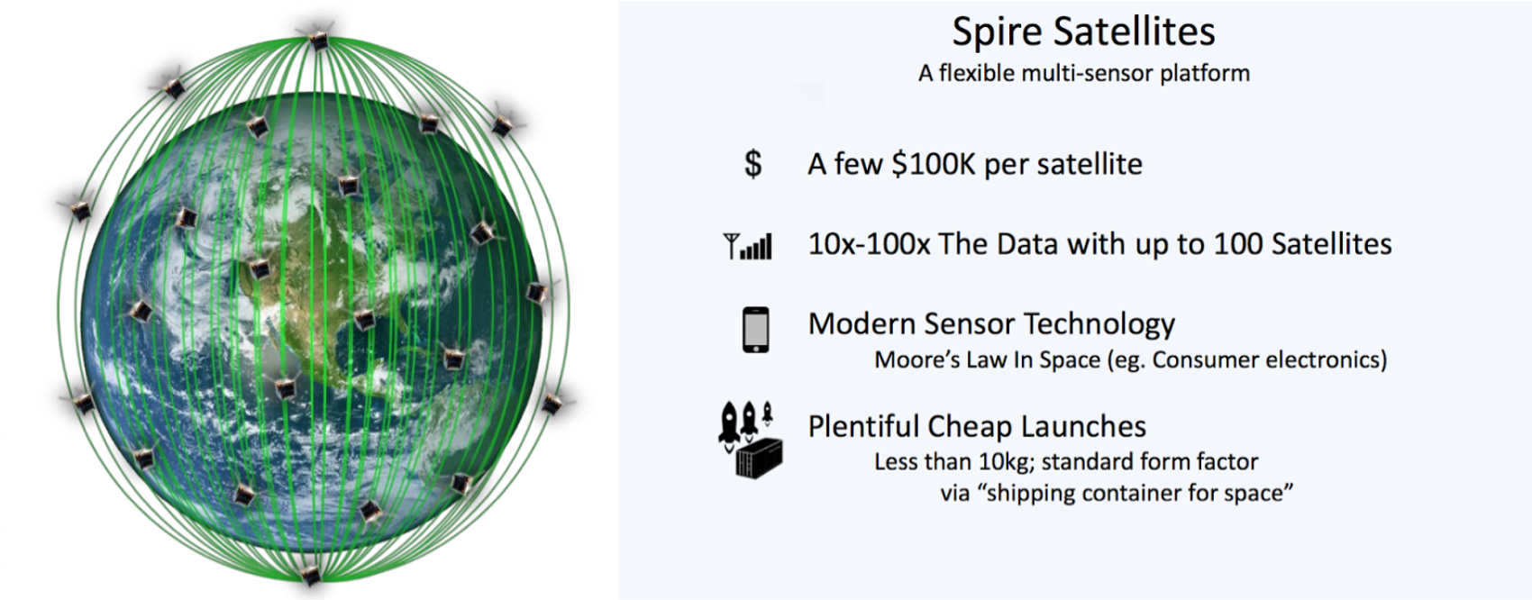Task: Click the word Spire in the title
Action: [x=997, y=32]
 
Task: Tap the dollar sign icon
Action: [x=753, y=164]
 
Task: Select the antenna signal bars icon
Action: [x=748, y=246]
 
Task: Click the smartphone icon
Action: [x=756, y=330]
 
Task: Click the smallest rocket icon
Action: [x=768, y=413]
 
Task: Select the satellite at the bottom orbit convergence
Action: [x=311, y=575]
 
